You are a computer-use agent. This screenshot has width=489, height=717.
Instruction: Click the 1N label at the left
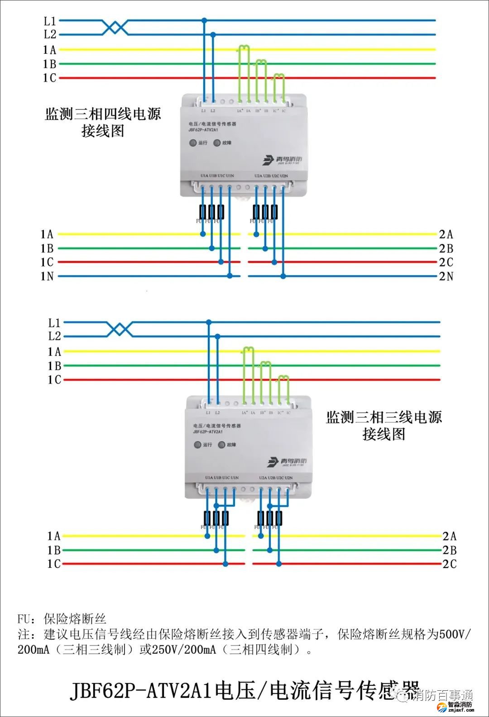pyautogui.click(x=47, y=276)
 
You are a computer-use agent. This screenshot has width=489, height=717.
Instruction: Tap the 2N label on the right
pyautogui.click(x=446, y=276)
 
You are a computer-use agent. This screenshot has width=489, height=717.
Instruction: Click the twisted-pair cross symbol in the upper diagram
pyautogui.click(x=115, y=27)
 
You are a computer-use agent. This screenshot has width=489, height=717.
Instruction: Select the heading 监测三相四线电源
pyautogui.click(x=103, y=114)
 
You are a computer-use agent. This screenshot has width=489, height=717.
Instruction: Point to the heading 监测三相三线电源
pyautogui.click(x=384, y=417)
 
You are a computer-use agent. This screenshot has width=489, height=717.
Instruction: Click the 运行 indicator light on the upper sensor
pyautogui.click(x=193, y=143)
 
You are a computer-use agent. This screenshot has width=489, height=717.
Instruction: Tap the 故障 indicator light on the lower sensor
pyautogui.click(x=221, y=445)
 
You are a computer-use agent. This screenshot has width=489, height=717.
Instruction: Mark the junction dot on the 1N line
pyautogui.click(x=230, y=276)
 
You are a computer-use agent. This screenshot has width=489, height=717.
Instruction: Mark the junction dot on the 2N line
pyautogui.click(x=283, y=276)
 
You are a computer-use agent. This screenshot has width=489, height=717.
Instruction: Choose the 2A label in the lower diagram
pyautogui.click(x=450, y=536)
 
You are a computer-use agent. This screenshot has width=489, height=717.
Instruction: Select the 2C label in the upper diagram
pyautogui.click(x=446, y=262)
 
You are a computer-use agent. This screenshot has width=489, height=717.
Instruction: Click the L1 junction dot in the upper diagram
pyautogui.click(x=204, y=20)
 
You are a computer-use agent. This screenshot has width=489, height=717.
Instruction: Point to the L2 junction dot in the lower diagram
pyautogui.click(x=218, y=337)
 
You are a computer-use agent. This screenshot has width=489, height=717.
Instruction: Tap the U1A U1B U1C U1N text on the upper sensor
pyautogui.click(x=217, y=176)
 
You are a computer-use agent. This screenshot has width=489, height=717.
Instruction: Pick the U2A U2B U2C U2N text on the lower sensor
pyautogui.click(x=276, y=478)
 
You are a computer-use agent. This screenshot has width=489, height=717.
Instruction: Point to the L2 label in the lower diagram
pyautogui.click(x=54, y=337)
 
